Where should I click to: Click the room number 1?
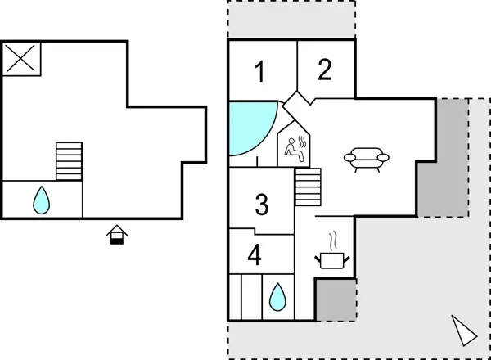260,73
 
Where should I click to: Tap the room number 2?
325,70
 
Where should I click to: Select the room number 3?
262,205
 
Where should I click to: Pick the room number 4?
255,256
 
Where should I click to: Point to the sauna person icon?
295,148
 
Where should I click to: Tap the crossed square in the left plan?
21,59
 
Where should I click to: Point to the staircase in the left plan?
70,161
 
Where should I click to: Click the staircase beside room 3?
307,187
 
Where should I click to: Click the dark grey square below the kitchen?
336,299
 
